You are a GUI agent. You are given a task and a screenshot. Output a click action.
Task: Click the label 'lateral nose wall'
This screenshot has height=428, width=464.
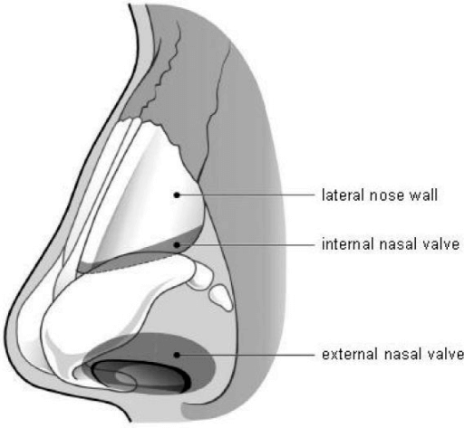(380, 195)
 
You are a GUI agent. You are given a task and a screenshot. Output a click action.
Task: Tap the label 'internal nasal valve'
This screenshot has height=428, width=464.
(391, 243)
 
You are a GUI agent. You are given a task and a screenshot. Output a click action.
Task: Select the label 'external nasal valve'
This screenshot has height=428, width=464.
(392, 354)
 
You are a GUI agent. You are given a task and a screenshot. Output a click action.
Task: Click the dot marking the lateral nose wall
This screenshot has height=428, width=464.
(177, 195)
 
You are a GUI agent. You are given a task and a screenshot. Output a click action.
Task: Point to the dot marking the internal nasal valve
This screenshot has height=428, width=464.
(177, 244)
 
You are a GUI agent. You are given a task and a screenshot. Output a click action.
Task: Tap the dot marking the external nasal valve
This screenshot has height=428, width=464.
(177, 355)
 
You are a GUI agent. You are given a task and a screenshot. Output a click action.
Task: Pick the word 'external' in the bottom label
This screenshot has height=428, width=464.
(350, 354)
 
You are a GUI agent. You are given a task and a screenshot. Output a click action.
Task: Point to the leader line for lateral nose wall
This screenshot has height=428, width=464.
(246, 195)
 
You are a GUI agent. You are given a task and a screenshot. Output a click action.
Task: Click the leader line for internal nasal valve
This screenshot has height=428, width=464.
(246, 244)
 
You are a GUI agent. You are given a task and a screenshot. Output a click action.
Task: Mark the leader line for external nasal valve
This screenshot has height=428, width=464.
(246, 355)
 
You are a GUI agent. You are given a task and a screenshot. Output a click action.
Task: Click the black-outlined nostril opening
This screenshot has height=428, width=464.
(140, 376)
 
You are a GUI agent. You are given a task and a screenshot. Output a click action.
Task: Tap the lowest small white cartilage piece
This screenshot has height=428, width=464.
(221, 298)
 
